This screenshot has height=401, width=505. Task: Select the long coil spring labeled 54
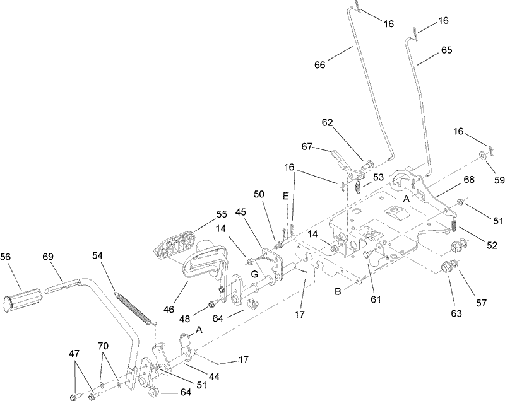[x=133, y=306]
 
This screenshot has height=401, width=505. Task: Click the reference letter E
[x=285, y=196]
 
